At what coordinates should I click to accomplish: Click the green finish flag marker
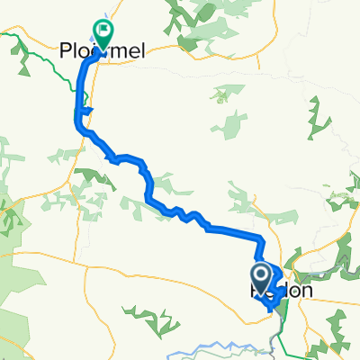[103, 34]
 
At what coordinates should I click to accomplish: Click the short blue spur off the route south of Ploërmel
[87, 112]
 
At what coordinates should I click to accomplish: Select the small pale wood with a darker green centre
[234, 121]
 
